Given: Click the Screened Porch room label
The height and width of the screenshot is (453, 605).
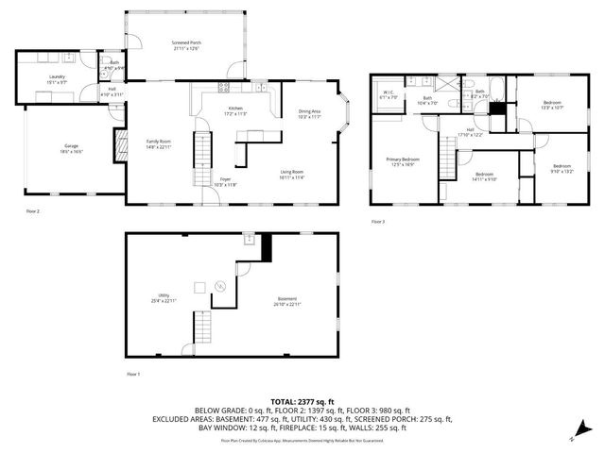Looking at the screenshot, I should click(186, 44).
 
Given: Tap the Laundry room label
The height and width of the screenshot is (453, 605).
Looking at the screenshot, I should click(58, 78).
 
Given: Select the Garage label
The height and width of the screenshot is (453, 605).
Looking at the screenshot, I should click(71, 148).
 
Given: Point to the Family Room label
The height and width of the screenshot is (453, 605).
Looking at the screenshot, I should click(157, 143).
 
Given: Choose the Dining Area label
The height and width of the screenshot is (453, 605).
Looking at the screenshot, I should click(310, 113).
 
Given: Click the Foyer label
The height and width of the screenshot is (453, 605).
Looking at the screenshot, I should click(225, 181).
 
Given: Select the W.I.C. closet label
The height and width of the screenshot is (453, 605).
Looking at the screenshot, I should click(389, 96).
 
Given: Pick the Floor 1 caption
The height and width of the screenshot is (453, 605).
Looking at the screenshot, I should click(133, 375).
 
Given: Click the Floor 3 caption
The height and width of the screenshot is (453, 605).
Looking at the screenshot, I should click(378, 221).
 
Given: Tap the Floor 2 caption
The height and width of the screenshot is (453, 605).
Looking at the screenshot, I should click(32, 211).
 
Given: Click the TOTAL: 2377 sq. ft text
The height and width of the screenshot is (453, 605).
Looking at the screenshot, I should click(302, 401).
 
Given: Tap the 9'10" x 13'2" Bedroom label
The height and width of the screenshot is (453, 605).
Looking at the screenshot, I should click(562, 168).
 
